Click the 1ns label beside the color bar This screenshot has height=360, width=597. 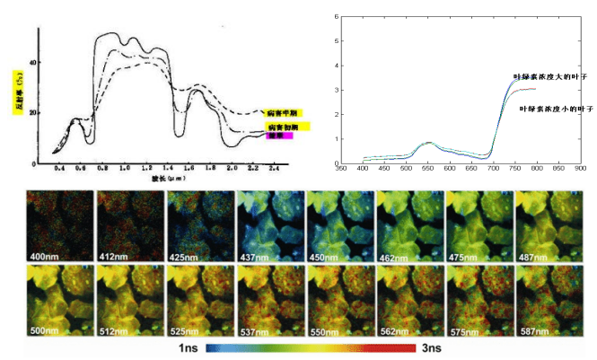[189, 345]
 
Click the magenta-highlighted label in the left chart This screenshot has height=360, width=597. [277, 136]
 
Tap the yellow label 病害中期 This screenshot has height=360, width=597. [285, 113]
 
